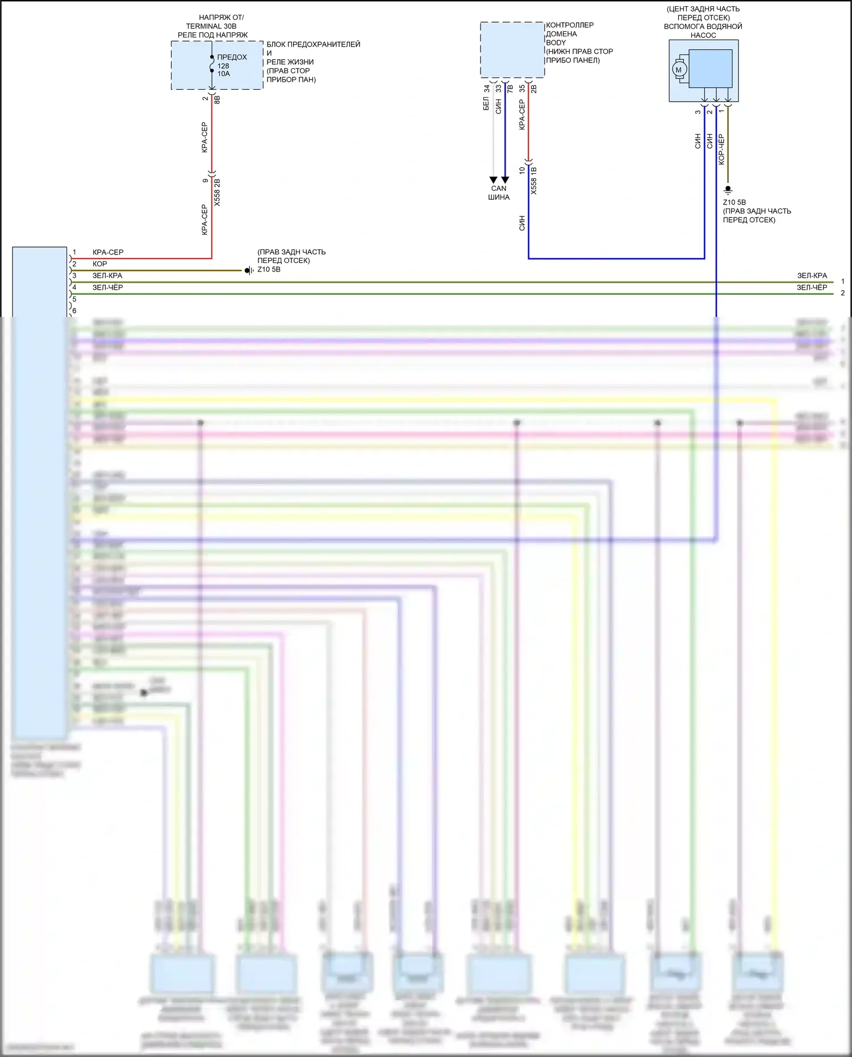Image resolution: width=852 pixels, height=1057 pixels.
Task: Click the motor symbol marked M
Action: pyautogui.click(x=678, y=70)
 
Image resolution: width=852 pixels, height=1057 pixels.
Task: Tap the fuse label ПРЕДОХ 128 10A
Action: pyautogui.click(x=231, y=65)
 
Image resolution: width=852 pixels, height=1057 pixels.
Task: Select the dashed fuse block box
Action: pyautogui.click(x=217, y=65)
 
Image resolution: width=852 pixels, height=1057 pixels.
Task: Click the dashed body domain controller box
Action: pyautogui.click(x=512, y=49)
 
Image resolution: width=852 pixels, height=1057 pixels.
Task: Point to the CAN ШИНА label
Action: pyautogui.click(x=499, y=193)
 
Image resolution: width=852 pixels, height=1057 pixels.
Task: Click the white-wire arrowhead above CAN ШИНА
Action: pyautogui.click(x=493, y=179)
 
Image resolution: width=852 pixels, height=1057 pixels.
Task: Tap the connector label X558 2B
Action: pyautogui.click(x=217, y=192)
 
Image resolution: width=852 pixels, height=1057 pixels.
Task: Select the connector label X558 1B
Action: pyautogui.click(x=533, y=181)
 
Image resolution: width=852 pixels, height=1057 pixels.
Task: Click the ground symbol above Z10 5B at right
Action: pyautogui.click(x=728, y=190)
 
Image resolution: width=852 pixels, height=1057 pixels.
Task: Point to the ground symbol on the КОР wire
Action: pyautogui.click(x=248, y=270)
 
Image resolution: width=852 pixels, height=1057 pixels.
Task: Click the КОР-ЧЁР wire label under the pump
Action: pyautogui.click(x=721, y=149)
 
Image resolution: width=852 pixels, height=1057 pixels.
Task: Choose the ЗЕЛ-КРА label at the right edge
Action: pyautogui.click(x=812, y=275)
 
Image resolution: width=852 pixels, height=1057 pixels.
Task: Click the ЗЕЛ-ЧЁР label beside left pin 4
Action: pyautogui.click(x=107, y=287)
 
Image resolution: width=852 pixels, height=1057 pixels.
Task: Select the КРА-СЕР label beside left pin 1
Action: pyautogui.click(x=108, y=252)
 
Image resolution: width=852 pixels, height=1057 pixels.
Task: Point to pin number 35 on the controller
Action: pyautogui.click(x=522, y=89)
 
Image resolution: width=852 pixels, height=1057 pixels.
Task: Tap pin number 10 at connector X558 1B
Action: pyautogui.click(x=522, y=170)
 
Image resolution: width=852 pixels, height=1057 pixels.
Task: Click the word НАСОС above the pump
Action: pyautogui.click(x=703, y=35)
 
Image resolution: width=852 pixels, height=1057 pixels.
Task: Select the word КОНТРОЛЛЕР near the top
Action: pyautogui.click(x=570, y=25)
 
